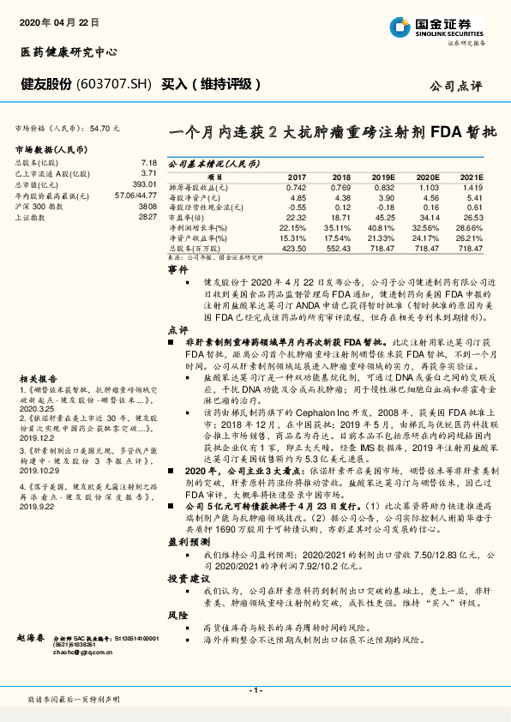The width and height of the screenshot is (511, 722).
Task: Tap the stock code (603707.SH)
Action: tap(115, 84)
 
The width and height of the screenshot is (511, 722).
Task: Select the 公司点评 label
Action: tap(458, 86)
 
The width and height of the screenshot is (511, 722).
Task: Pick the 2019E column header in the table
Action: tap(384, 175)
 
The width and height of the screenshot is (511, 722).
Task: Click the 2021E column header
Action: tap(472, 175)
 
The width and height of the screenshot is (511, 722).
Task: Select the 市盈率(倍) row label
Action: tap(191, 218)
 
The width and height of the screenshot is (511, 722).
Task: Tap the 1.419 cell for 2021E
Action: tap(472, 186)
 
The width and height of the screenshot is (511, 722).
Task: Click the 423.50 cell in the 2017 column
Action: tap(294, 248)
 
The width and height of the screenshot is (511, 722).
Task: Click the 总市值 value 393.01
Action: tap(143, 184)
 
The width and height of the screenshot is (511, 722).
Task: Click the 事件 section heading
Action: tap(177, 268)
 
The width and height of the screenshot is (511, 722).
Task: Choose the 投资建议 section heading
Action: tap(183, 581)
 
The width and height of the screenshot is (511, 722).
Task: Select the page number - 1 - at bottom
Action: tap(255, 690)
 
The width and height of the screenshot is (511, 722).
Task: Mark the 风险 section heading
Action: tap(177, 617)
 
